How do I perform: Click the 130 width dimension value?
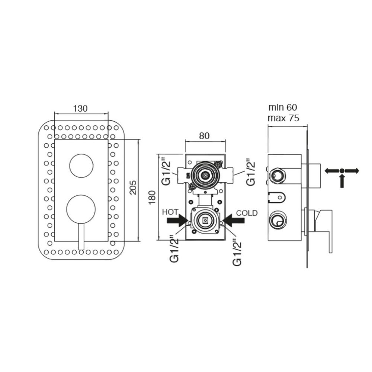pos(80,108)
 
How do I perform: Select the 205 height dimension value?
pos(133,187)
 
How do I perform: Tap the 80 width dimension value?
pos(204,136)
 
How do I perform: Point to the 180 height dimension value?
pos(152,198)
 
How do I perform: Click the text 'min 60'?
pos(283,107)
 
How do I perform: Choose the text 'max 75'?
pos(283,118)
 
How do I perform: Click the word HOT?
pos(170,212)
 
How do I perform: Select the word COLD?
pos(247,213)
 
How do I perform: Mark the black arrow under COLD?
pos(234,220)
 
